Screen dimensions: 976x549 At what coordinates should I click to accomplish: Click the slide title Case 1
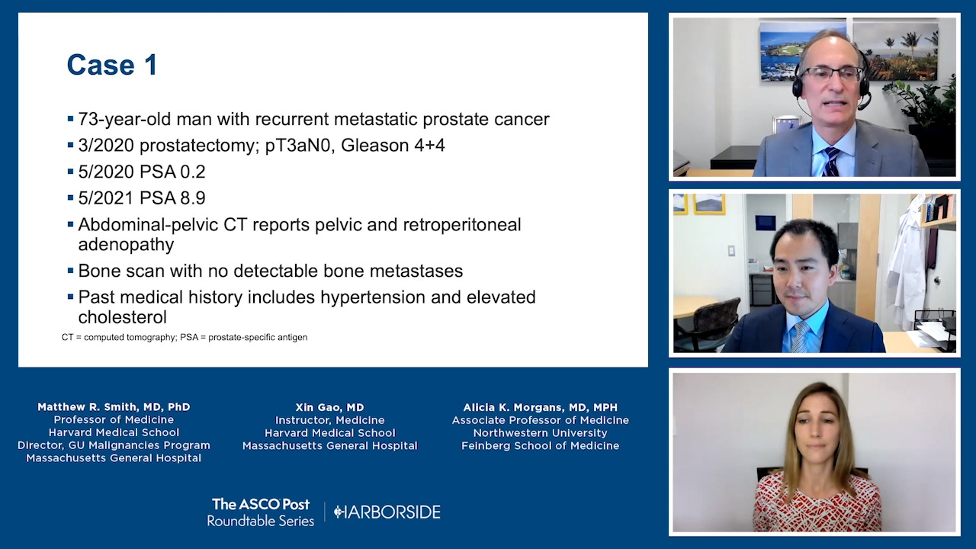[x=112, y=65]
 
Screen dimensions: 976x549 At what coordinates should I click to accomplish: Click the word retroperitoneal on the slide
[x=462, y=225]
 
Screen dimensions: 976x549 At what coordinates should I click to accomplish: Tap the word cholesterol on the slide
[x=123, y=317]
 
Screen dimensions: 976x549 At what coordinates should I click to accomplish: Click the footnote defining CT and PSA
[x=185, y=337]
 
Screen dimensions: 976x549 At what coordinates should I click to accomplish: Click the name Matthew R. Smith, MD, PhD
[x=114, y=407]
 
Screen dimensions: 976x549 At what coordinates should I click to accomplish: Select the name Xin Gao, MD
[x=330, y=407]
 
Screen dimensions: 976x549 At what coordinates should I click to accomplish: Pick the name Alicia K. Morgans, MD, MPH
[x=541, y=407]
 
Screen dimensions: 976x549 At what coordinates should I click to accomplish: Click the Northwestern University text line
[x=541, y=433]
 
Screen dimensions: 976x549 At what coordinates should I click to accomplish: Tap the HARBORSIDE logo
[x=387, y=512]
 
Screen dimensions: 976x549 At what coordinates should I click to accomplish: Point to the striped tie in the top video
[x=830, y=161]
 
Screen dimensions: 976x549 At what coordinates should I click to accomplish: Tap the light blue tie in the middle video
[x=801, y=336]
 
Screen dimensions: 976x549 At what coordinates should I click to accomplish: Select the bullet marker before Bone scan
[x=71, y=271]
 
